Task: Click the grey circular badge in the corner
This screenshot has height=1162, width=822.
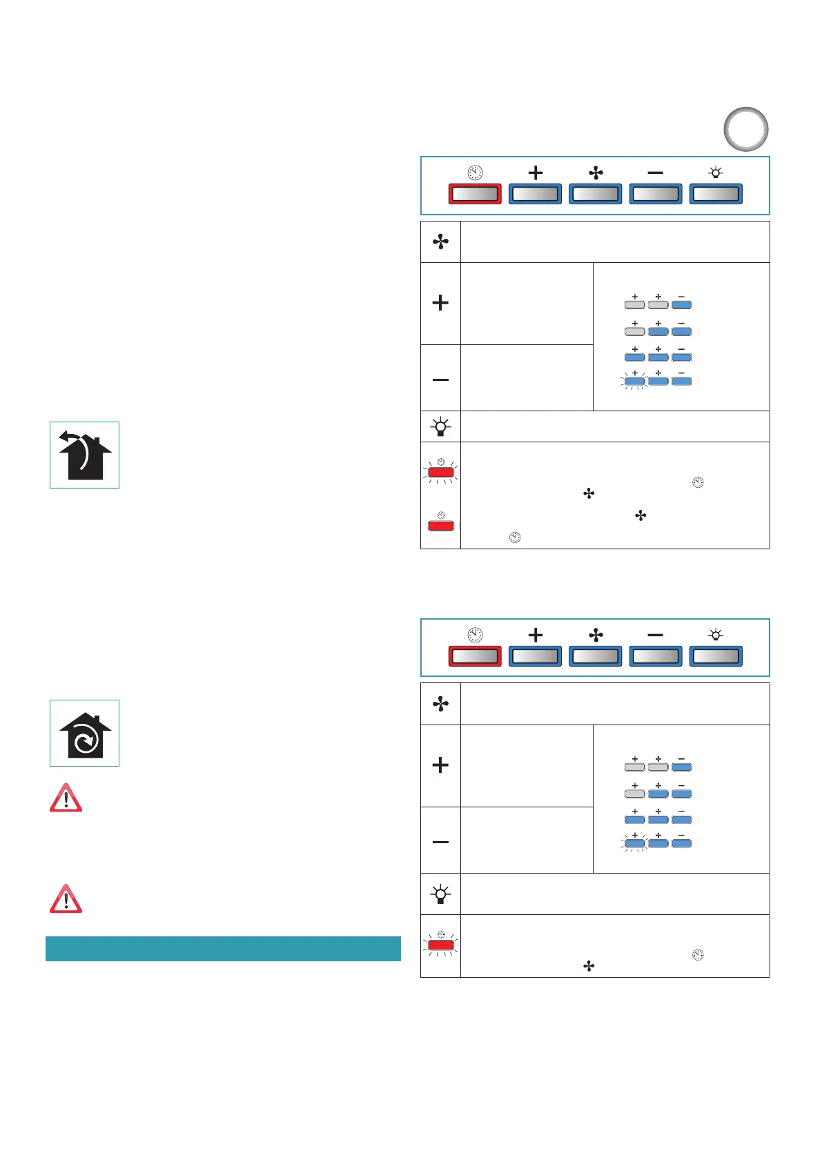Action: coord(745,129)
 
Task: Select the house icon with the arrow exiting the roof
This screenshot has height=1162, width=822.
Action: coord(84,455)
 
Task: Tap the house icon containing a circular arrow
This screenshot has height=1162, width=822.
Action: coord(84,733)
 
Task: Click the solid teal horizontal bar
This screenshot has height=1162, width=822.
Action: coord(223,948)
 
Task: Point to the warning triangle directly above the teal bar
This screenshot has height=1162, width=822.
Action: coord(66,898)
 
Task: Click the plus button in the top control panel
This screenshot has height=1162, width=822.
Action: coord(535,194)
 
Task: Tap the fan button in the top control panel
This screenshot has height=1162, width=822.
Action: coord(595,194)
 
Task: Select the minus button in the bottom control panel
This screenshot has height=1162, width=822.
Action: coord(655,656)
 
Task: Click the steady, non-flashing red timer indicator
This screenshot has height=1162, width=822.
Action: coord(441,526)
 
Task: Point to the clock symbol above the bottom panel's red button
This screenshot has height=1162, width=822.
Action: coord(476,635)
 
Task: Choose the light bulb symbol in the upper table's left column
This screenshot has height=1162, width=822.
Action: coord(440,427)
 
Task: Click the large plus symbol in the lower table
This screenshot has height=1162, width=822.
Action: coord(440,765)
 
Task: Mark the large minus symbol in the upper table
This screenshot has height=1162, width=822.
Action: coord(440,380)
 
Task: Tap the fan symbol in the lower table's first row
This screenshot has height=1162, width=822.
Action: coord(440,704)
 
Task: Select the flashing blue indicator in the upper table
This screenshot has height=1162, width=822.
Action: coord(634,381)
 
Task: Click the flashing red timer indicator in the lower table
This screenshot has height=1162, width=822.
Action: coord(441,945)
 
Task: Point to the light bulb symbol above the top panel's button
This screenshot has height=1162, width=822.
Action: coord(716,173)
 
